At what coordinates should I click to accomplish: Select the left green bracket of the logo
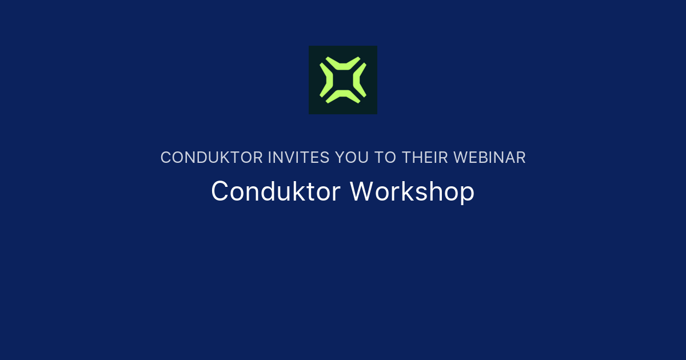coord(325,80)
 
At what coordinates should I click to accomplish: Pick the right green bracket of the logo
coord(361,80)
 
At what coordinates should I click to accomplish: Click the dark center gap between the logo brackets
coord(343,80)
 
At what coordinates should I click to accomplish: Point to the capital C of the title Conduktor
coord(220,191)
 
